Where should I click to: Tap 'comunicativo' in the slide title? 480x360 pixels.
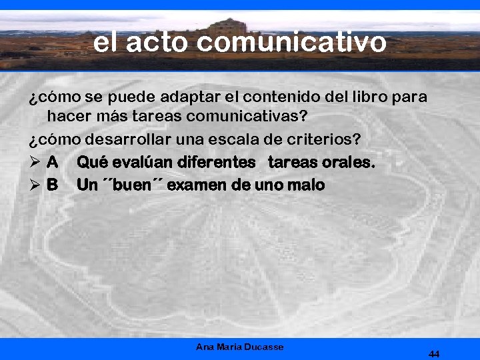tap(292, 43)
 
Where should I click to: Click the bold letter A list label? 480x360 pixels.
tap(53, 162)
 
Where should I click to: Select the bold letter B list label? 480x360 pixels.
tap(52, 185)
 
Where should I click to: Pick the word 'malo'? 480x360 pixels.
tap(308, 185)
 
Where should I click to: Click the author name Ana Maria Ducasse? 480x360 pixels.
tap(240, 347)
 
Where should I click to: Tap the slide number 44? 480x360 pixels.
tap(434, 354)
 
